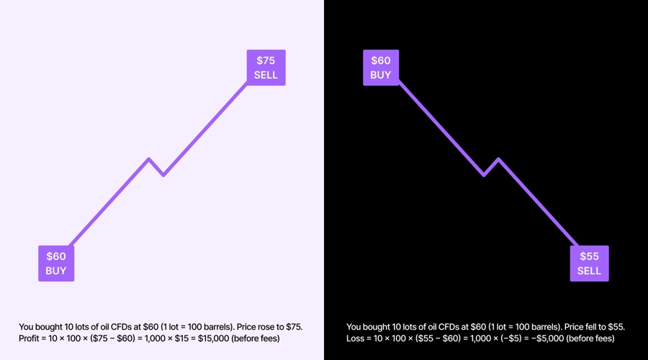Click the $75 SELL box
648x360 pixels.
[266, 68]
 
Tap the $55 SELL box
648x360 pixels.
[589, 264]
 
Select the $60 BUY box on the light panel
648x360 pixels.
[56, 264]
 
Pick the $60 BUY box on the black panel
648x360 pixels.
[380, 68]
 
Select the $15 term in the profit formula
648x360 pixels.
[184, 338]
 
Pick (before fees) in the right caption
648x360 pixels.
[593, 338]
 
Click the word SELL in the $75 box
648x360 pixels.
[266, 75]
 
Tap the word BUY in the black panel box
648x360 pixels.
[380, 75]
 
